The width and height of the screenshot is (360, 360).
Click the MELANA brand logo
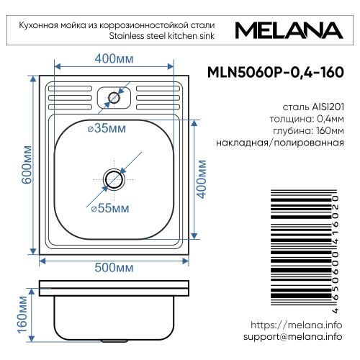point(286,30)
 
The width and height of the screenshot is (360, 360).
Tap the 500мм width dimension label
point(114,267)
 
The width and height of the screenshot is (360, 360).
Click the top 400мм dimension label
point(114,58)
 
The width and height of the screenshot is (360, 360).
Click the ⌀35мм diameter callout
point(105,129)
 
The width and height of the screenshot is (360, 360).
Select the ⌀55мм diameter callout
point(109,209)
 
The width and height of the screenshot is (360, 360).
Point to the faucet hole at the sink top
point(114,95)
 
